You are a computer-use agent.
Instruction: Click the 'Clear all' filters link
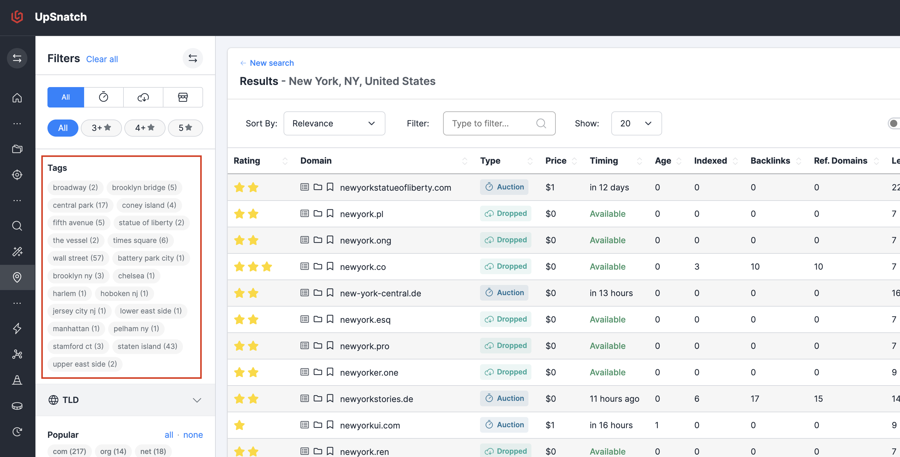(102, 59)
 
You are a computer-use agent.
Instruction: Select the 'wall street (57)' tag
(78, 258)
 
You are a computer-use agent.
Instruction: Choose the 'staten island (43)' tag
(147, 346)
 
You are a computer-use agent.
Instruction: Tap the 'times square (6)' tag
(141, 240)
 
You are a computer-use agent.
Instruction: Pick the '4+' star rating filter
(145, 128)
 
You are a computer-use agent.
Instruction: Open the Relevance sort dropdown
(334, 123)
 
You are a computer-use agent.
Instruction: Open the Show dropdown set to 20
(636, 123)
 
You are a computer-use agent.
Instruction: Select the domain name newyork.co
(363, 267)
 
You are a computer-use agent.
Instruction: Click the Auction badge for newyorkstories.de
(504, 398)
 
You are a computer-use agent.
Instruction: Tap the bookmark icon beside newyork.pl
(330, 213)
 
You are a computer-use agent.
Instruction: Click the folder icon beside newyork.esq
(318, 319)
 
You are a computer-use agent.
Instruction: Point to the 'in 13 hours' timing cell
(611, 293)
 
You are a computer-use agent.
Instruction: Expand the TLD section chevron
(197, 400)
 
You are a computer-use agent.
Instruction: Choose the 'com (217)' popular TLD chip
(69, 451)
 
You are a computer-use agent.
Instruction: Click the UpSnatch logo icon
(17, 17)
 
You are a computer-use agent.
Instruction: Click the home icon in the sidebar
(17, 98)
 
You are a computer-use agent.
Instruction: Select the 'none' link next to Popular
(193, 435)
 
